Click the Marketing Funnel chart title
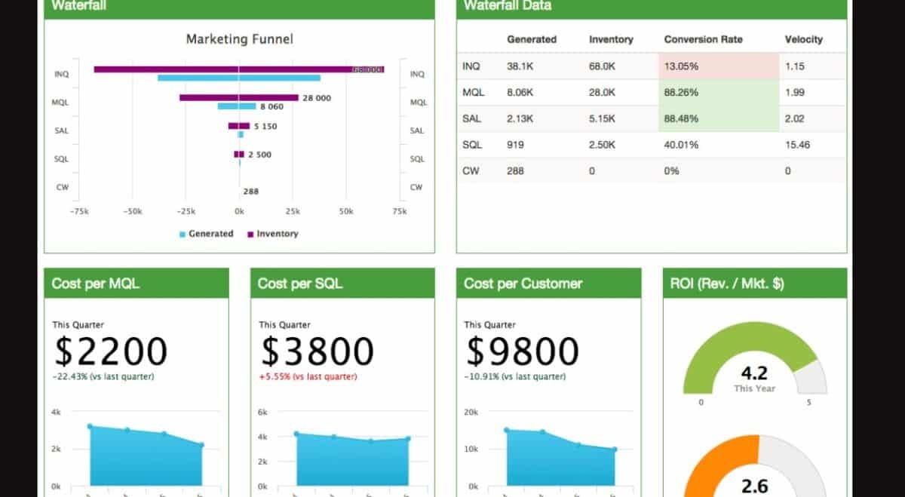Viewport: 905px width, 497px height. [x=239, y=39]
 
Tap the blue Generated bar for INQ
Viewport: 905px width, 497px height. [x=239, y=78]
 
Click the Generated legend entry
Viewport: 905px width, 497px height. [x=207, y=234]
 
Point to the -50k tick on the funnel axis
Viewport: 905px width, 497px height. [x=132, y=212]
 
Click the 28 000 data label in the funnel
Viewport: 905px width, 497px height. [x=316, y=98]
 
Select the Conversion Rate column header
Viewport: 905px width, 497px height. [x=703, y=39]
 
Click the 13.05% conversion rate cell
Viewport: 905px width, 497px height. [x=681, y=66]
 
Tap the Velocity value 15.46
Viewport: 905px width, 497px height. [x=797, y=145]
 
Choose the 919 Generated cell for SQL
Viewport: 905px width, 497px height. [x=515, y=145]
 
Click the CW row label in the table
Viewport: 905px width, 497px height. [x=471, y=171]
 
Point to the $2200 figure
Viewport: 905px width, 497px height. [x=111, y=351]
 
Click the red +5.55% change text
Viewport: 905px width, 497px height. [x=308, y=376]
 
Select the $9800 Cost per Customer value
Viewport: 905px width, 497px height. [x=523, y=351]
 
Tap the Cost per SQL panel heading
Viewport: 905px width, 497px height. [x=300, y=284]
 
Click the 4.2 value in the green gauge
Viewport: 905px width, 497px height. [x=754, y=373]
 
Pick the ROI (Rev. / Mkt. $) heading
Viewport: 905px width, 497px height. [x=727, y=284]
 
